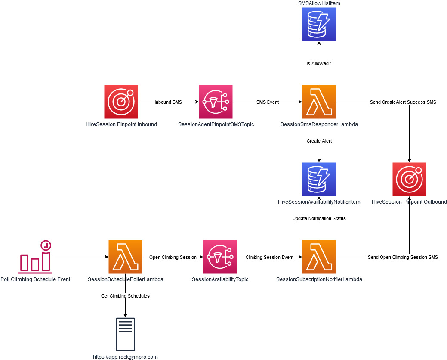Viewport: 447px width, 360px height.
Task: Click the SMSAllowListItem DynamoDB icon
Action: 319,24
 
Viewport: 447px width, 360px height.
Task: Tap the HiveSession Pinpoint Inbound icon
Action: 121,102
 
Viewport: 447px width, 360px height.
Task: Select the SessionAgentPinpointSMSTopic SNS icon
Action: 216,102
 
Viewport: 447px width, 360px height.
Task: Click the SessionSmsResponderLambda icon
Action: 319,102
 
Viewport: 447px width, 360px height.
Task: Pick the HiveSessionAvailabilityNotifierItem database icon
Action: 319,179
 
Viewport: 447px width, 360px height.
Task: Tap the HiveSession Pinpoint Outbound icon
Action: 409,179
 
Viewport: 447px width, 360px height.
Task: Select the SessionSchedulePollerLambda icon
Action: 125,257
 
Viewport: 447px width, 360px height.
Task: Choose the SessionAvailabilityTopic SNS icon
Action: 220,257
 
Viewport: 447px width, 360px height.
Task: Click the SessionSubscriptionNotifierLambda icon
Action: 319,257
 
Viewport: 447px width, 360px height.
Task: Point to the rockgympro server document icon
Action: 125,334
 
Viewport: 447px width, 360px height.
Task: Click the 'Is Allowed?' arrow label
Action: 319,63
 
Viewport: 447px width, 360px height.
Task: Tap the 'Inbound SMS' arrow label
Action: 168,102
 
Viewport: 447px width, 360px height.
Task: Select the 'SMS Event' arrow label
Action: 268,102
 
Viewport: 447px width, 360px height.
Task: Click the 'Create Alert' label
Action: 319,141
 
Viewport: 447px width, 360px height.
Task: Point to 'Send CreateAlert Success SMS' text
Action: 403,102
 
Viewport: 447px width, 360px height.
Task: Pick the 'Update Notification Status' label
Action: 319,218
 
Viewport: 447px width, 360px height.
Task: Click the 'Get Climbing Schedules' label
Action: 125,296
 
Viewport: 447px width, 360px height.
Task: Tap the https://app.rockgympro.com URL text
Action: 125,357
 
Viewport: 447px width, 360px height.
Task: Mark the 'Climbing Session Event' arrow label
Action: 269,257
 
